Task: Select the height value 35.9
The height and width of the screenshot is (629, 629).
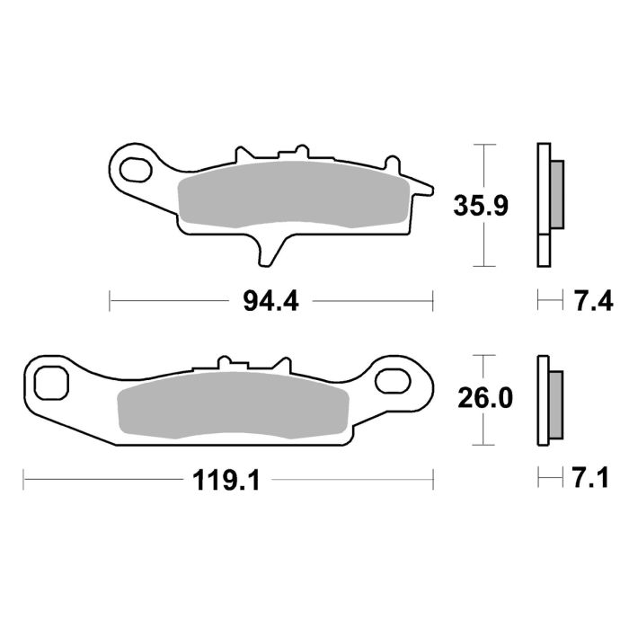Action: click(x=482, y=206)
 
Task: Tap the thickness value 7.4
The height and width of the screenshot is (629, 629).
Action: click(x=593, y=301)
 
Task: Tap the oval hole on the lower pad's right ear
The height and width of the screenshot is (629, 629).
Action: click(x=395, y=379)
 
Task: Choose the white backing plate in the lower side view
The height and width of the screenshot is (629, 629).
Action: click(x=542, y=400)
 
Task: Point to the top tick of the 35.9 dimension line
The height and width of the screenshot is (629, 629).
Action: click(x=484, y=144)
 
